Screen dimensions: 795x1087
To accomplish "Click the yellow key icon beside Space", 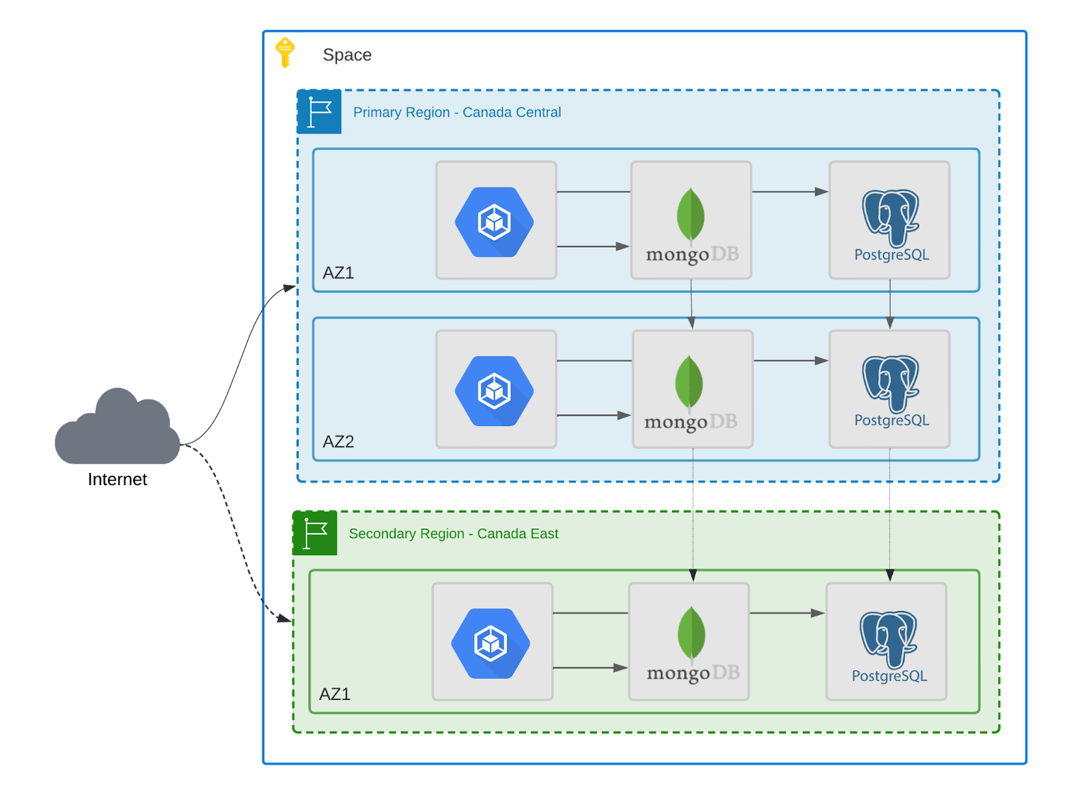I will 285,52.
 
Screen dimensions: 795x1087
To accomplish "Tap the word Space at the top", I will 347,54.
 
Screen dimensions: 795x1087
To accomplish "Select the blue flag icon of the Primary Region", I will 319,112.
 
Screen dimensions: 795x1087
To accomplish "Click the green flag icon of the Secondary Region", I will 315,533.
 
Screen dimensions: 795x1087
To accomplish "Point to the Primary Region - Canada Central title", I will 457,112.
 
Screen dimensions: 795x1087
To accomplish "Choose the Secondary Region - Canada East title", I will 453,533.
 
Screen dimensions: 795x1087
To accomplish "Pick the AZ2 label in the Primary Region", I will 338,442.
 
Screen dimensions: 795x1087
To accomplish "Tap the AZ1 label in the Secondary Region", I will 335,694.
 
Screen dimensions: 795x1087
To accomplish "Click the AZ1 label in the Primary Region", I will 338,272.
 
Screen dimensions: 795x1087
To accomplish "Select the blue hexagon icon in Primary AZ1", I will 495,222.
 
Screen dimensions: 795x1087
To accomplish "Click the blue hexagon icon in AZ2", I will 495,391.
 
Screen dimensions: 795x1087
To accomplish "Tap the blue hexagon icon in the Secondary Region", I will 491,643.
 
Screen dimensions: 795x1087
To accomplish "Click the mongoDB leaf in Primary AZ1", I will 691,214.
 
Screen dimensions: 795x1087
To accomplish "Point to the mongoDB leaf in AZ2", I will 690,382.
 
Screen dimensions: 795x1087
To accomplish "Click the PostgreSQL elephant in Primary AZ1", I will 891,216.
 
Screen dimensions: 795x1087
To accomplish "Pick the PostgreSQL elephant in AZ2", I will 891,383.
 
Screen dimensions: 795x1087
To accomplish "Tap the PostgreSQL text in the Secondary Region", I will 889,676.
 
